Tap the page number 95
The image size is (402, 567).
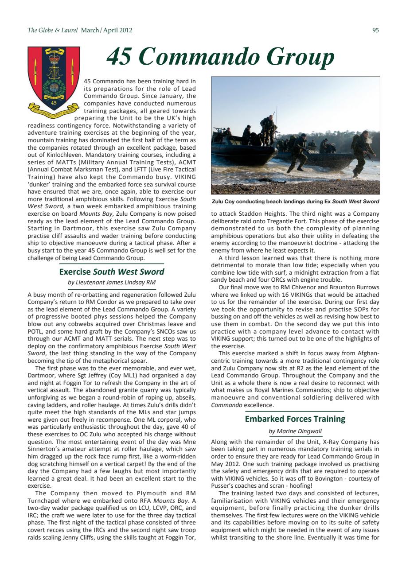[376, 31]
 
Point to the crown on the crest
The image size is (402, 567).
[54, 58]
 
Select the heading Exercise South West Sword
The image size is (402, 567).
[111, 272]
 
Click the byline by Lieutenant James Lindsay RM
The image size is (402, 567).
[111, 282]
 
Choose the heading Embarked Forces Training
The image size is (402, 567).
[295, 419]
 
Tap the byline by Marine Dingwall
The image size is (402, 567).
[295, 431]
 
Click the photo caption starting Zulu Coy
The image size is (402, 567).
[295, 202]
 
